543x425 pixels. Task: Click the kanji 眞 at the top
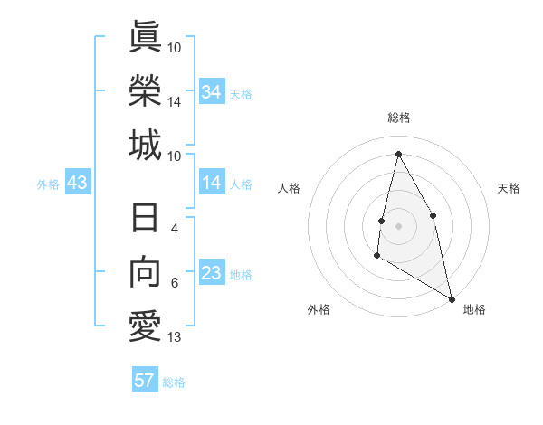pos(145,37)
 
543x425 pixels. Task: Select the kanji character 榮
pos(145,90)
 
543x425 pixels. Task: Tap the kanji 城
pos(145,145)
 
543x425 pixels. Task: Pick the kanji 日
pos(145,220)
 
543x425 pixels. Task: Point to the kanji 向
pos(145,273)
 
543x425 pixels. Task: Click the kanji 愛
pos(145,327)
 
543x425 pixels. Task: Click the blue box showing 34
pos(212,92)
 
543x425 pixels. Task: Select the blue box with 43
pos(78,184)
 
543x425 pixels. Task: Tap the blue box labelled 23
pos(212,273)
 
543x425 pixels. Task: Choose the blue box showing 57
pos(145,381)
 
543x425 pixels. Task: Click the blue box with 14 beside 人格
pos(212,184)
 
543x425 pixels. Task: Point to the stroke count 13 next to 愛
pos(175,338)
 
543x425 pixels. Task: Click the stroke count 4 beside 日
pos(175,230)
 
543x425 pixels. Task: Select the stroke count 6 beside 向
pos(175,284)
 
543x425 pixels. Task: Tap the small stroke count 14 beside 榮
pos(175,102)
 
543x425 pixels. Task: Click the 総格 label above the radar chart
pos(399,118)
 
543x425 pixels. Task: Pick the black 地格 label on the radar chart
pos(474,310)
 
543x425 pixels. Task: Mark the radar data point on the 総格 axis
pos(398,154)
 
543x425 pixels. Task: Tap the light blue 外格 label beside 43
pos(48,184)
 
